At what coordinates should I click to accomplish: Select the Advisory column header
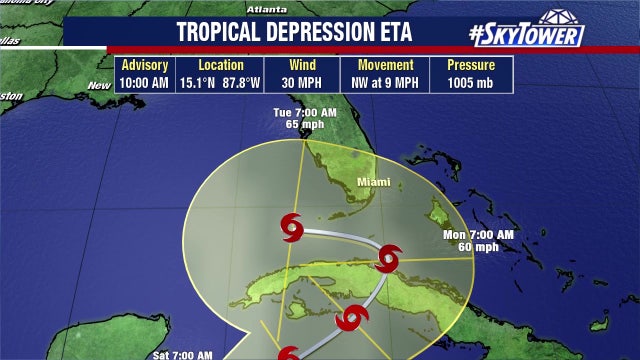pos(145,65)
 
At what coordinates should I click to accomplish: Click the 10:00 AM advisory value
pos(145,82)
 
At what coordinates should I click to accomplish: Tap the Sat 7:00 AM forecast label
pos(183,354)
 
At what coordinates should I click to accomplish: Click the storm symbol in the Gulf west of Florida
pos(290,229)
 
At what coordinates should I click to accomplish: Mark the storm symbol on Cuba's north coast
pos(388,259)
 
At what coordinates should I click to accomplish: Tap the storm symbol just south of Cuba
pos(349,319)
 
